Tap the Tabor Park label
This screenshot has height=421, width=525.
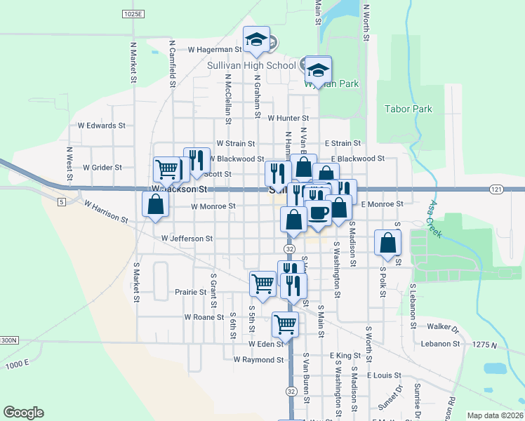click(x=408, y=109)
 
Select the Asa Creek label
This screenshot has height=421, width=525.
click(x=434, y=220)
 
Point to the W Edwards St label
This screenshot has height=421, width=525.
click(x=101, y=126)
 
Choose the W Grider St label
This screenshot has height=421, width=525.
click(x=102, y=168)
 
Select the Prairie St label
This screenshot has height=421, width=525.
click(x=190, y=292)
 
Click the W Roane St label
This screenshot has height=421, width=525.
click(x=204, y=317)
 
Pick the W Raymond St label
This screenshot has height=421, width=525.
click(x=258, y=360)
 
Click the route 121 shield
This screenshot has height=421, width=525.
click(x=496, y=189)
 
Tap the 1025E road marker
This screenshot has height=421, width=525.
click(x=132, y=14)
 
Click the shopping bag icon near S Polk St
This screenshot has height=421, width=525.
click(x=388, y=243)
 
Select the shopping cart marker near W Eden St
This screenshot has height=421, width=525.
click(x=285, y=323)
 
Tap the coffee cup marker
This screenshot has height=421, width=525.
click(x=319, y=212)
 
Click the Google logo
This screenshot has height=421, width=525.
click(x=23, y=413)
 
